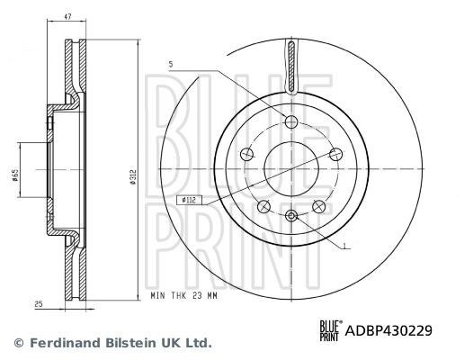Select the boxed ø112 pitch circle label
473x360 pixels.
(189, 200)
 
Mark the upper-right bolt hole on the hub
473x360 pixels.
(335, 153)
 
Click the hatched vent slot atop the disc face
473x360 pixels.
(291, 67)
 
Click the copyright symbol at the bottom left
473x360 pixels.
(18, 343)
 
